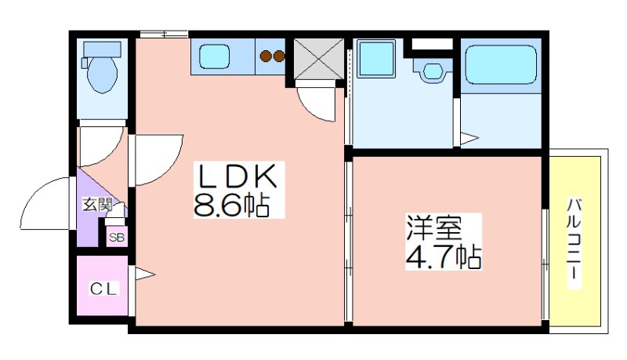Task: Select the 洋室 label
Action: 434,228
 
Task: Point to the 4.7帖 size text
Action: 443,256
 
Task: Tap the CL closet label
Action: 103,289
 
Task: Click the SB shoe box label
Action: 117,238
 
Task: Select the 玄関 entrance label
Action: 97,205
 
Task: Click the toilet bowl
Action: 103,75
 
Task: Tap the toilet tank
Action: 103,49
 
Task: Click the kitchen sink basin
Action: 214,56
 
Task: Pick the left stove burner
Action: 266,56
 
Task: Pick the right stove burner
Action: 280,56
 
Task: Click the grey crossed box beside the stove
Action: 319,59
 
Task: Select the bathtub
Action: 502,64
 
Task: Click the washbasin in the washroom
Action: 432,71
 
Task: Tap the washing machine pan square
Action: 376,58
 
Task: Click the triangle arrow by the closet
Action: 144,274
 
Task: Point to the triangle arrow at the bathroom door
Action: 469,139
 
